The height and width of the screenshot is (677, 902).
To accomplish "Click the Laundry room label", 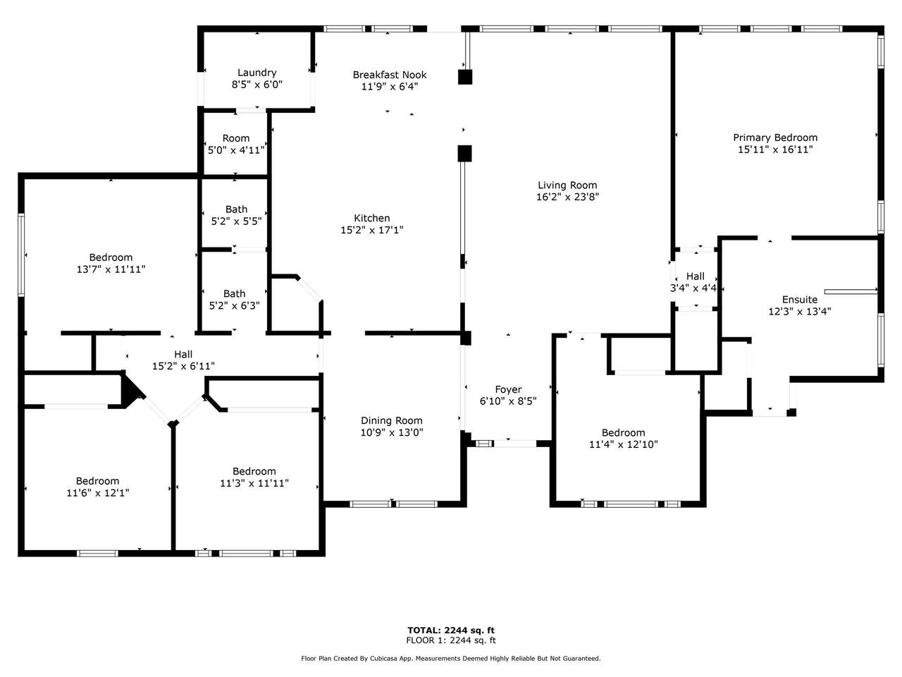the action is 257,73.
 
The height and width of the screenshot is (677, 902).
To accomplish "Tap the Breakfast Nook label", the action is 390,75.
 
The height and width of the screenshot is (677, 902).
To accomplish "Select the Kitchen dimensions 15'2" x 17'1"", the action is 372,230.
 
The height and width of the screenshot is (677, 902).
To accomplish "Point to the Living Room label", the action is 567,185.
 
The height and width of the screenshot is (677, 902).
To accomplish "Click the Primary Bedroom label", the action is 775,138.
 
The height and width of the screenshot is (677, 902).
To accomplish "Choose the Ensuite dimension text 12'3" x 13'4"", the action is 800,311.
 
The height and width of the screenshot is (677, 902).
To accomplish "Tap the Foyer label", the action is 508,390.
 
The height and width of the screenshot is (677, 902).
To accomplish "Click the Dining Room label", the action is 392,420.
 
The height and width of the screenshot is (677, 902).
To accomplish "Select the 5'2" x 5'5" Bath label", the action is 236,215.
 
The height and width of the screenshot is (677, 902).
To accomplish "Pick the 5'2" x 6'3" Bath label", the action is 234,300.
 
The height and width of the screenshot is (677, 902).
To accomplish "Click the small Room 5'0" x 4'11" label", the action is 236,145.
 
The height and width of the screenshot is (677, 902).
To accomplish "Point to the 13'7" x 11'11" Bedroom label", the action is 111,263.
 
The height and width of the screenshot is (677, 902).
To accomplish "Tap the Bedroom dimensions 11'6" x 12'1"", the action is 98,492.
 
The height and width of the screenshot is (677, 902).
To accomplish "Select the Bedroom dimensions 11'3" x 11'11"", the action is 254,483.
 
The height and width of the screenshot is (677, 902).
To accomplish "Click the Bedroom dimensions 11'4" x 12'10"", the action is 624,444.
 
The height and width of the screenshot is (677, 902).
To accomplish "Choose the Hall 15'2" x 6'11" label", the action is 183,360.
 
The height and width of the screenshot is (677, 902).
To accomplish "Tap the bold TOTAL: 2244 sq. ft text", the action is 451,630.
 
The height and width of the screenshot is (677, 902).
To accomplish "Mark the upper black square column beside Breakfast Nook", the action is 465,78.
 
